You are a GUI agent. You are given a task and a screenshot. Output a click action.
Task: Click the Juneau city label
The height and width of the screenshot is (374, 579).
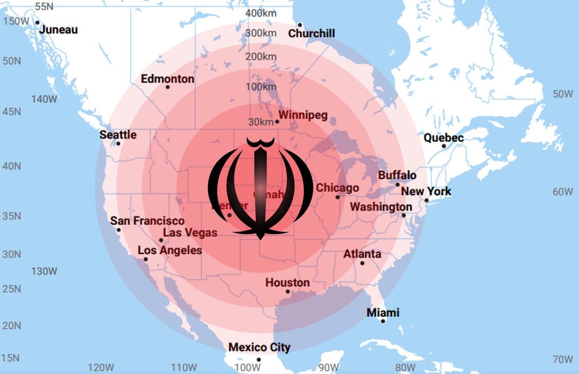pyautogui.click(x=58, y=29)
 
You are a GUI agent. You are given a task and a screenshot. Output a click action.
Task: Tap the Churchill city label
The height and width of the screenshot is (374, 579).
pyautogui.click(x=311, y=33)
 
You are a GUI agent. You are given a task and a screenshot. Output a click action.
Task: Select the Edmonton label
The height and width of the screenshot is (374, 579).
pyautogui.click(x=167, y=79)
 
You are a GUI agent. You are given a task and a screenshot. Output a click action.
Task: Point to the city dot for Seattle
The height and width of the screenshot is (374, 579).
pyautogui.click(x=118, y=143)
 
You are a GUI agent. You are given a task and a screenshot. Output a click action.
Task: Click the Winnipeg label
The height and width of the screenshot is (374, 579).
pyautogui.click(x=303, y=115)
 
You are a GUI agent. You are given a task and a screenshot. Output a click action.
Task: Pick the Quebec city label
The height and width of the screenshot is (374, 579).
pyautogui.click(x=443, y=138)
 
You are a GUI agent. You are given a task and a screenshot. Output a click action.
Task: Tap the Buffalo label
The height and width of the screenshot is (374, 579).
pyautogui.click(x=397, y=175)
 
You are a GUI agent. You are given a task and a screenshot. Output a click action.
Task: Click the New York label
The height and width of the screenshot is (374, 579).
pyautogui.click(x=426, y=191)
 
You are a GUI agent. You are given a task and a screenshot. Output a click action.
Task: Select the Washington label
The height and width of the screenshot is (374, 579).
pyautogui.click(x=381, y=207)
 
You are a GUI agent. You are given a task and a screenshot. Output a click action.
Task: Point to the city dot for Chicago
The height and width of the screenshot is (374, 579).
pyautogui.click(x=338, y=197)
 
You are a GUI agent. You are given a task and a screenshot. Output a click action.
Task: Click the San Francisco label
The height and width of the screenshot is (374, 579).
pyautogui.click(x=147, y=221)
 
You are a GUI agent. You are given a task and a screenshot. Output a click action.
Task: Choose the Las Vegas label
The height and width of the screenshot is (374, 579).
pyautogui.click(x=190, y=233)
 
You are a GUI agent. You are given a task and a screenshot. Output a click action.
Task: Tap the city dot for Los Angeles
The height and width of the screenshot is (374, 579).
pyautogui.click(x=146, y=259)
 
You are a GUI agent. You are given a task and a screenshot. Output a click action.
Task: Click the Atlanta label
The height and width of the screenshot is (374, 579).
pyautogui.click(x=362, y=254)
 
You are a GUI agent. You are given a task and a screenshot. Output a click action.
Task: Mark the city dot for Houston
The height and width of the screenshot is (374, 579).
pyautogui.click(x=288, y=291)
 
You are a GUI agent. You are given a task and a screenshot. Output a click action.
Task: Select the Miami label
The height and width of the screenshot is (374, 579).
pyautogui.click(x=383, y=312)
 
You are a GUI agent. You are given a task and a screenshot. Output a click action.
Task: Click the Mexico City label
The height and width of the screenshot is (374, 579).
pyautogui.click(x=259, y=347)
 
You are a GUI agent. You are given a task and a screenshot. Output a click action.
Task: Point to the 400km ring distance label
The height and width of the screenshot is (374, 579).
pyautogui.click(x=261, y=13)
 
